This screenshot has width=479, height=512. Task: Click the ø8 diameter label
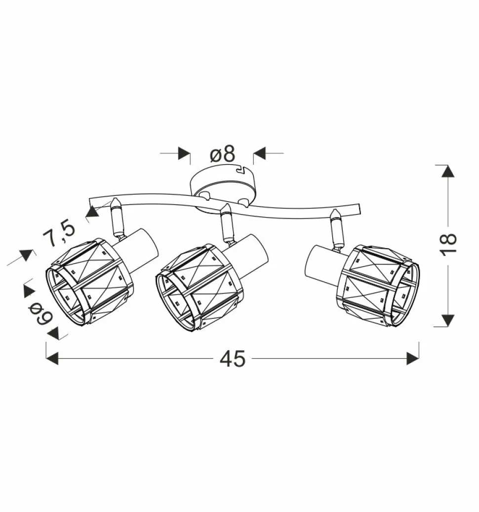click(222, 154)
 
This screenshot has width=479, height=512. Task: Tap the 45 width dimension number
click(232, 359)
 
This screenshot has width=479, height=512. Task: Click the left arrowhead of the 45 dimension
click(52, 359)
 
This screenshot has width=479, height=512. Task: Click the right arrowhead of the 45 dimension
click(413, 359)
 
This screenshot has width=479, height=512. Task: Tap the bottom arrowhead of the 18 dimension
click(448, 320)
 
